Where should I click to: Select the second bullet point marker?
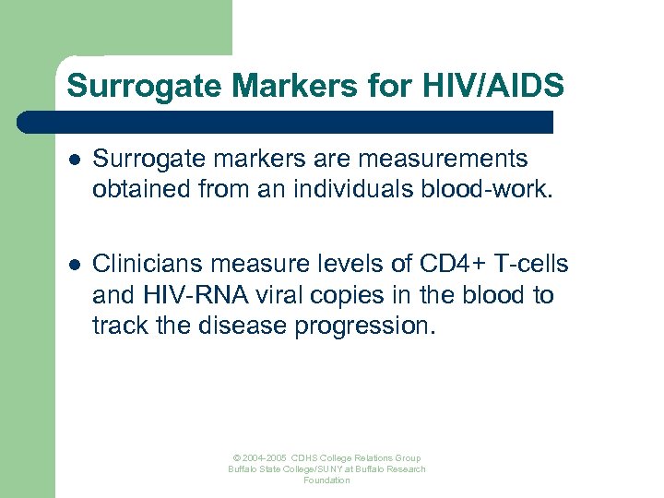click(75, 266)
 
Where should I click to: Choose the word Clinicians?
click(148, 265)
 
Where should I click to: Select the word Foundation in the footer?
click(327, 480)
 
